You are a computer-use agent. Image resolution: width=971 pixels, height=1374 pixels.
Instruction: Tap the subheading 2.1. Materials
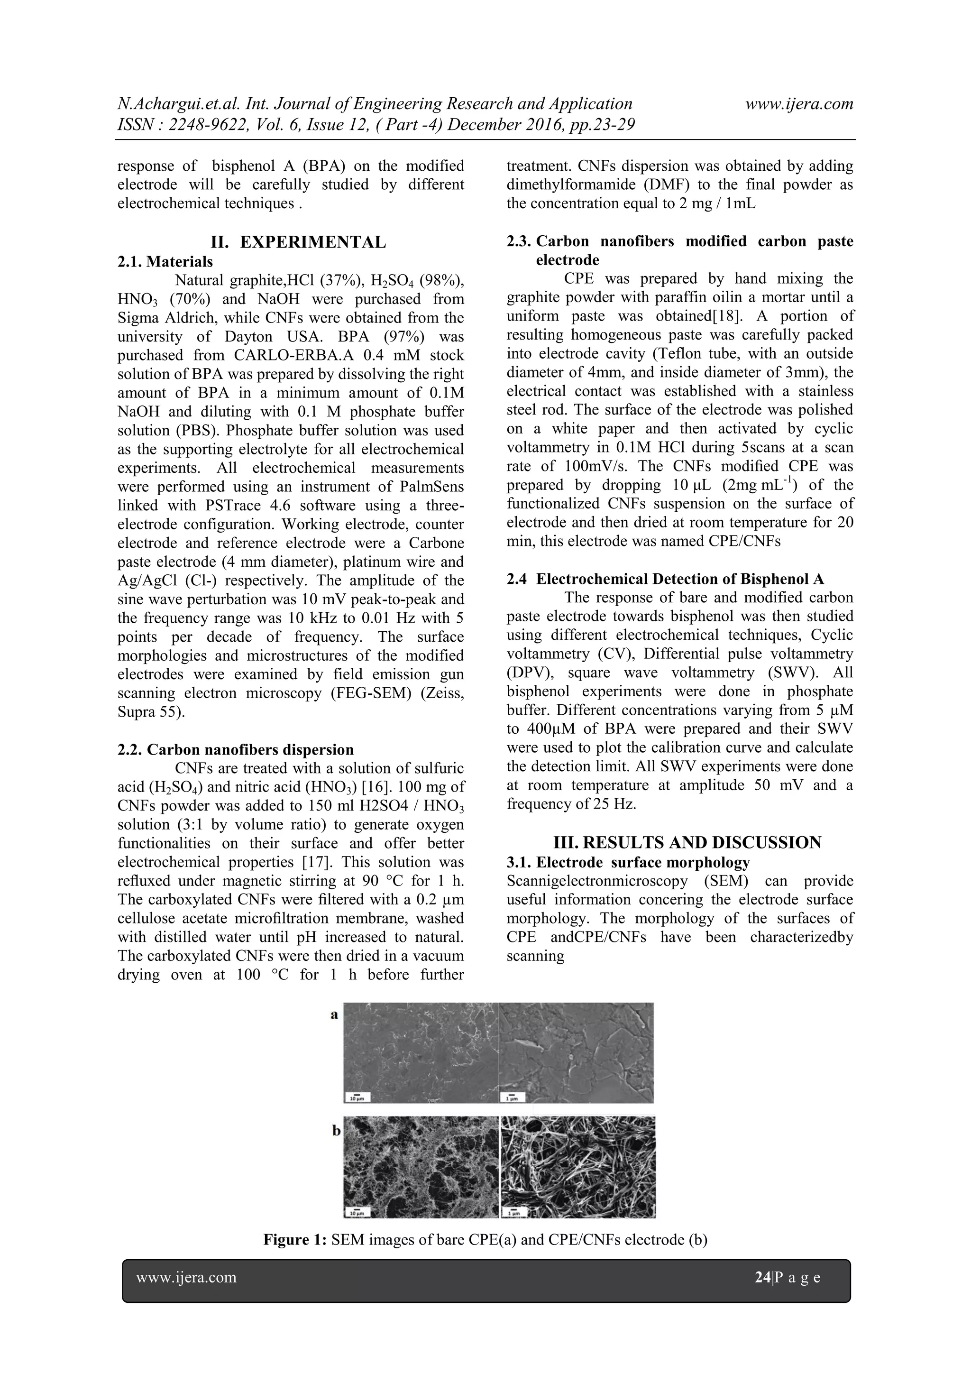tap(165, 261)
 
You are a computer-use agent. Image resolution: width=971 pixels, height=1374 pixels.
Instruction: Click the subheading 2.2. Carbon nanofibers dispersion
tap(236, 750)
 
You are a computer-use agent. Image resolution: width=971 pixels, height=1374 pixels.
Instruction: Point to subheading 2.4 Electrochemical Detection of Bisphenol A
tap(665, 579)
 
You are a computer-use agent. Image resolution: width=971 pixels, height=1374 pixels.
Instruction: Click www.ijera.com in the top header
tap(799, 104)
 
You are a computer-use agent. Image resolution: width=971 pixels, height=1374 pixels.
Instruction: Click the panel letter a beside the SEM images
tap(334, 1014)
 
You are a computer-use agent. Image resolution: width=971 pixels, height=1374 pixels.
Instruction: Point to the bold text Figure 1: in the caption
tap(295, 1239)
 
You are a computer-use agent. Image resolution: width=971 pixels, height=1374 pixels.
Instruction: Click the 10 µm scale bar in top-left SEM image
tap(357, 1097)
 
